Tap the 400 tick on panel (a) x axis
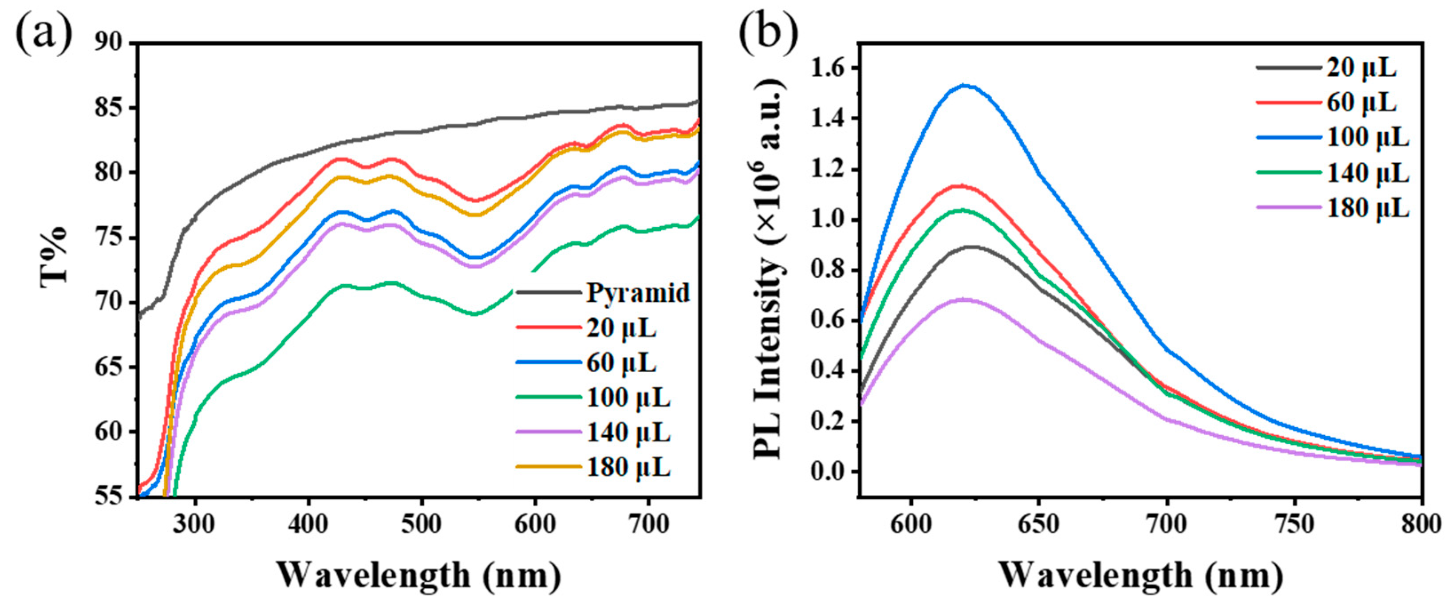click(x=308, y=525)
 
